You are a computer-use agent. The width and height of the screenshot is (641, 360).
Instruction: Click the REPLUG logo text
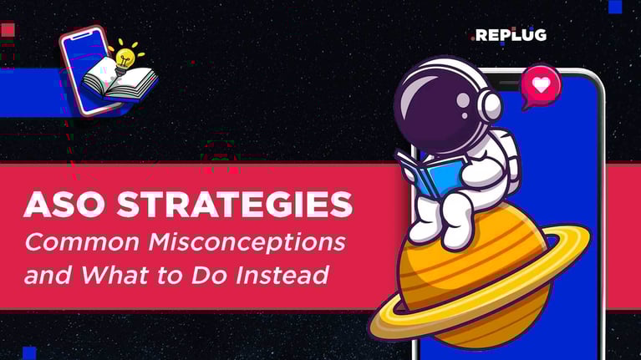pyautogui.click(x=510, y=35)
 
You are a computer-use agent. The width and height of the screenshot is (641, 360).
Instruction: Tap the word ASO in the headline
pyautogui.click(x=59, y=205)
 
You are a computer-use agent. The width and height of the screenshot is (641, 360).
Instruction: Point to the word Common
pyautogui.click(x=77, y=242)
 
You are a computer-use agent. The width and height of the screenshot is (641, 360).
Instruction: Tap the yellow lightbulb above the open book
pyautogui.click(x=125, y=55)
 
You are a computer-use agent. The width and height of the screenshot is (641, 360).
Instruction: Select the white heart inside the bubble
pyautogui.click(x=541, y=84)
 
